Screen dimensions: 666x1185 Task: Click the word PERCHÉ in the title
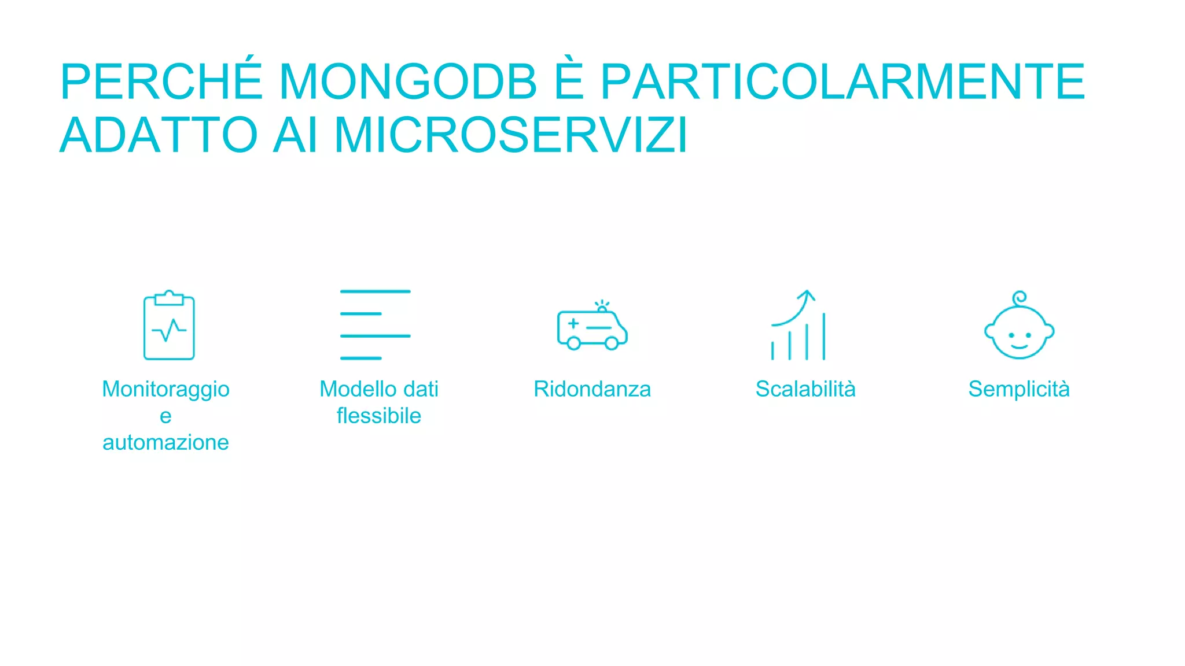(x=161, y=82)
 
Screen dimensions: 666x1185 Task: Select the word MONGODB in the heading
(x=408, y=82)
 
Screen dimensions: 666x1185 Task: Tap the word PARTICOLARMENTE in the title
(x=842, y=82)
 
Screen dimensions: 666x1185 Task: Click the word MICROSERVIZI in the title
(x=511, y=135)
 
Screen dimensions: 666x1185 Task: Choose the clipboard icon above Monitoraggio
(x=169, y=325)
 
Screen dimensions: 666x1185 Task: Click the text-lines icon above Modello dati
(x=375, y=324)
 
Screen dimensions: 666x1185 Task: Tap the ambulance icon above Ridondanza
(x=592, y=329)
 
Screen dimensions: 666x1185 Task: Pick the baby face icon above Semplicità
(x=1019, y=327)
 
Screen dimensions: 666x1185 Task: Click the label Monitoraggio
(x=165, y=390)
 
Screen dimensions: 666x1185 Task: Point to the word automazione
(x=165, y=442)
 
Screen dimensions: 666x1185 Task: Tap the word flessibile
(x=379, y=416)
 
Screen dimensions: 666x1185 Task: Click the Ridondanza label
(x=592, y=389)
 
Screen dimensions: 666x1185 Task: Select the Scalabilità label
(x=805, y=389)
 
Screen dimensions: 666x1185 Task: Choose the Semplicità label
(x=1019, y=390)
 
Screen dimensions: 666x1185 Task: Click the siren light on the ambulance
(x=602, y=306)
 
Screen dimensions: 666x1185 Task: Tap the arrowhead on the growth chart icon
(x=806, y=295)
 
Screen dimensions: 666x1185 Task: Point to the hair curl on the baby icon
(x=1020, y=298)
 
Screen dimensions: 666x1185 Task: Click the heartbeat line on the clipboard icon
(x=169, y=330)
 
